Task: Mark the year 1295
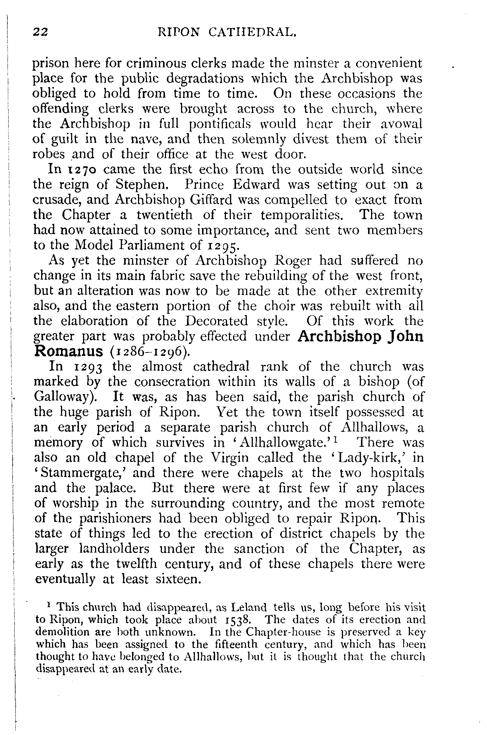point(221,246)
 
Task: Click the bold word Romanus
point(68,351)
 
